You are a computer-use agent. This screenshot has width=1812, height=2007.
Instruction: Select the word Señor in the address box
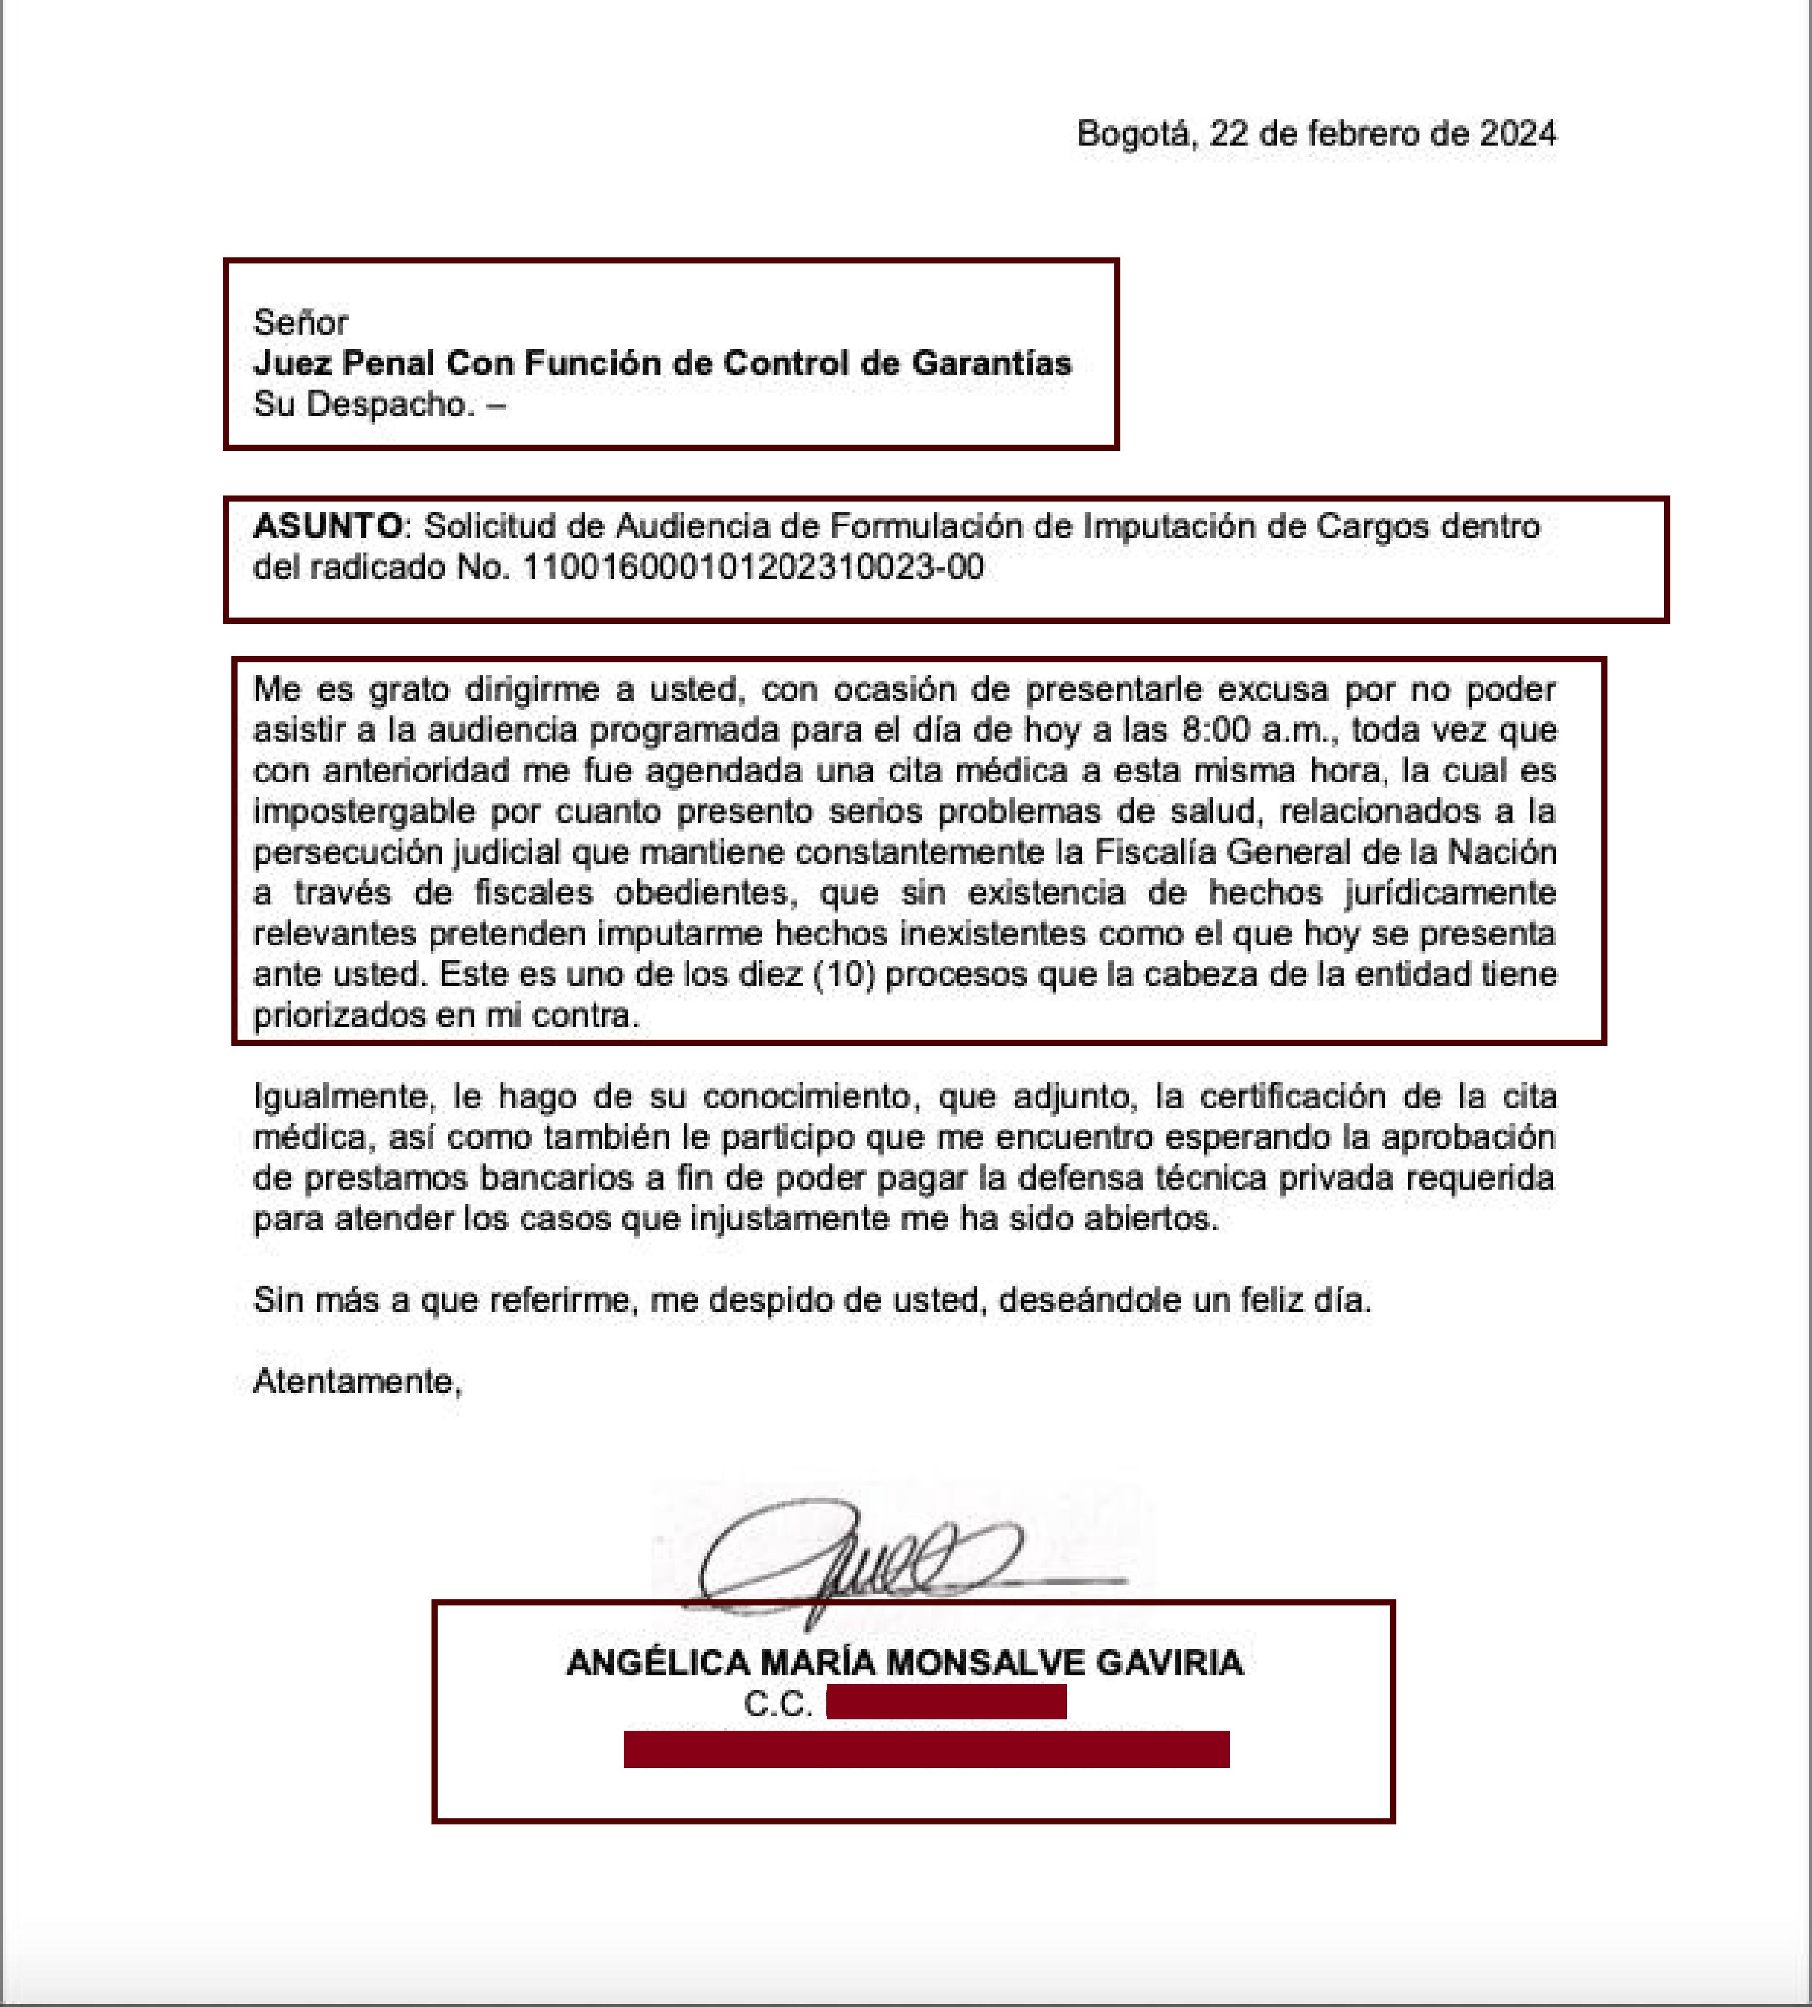pyautogui.click(x=300, y=323)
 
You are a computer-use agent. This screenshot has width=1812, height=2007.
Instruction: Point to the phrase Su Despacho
pyautogui.click(x=363, y=404)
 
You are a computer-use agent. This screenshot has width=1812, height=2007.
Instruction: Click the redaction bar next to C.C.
pyautogui.click(x=946, y=1703)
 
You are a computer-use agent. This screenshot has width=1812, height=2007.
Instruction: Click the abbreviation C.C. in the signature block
pyautogui.click(x=777, y=1705)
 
